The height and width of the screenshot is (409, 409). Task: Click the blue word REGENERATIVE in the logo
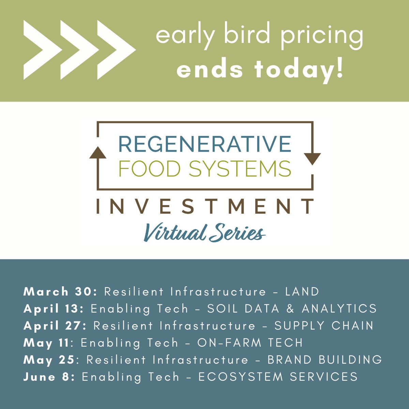point(204,144)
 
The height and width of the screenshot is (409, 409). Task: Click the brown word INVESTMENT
point(205,206)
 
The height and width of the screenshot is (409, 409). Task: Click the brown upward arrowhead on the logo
point(98,153)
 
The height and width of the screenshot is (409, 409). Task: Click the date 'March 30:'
point(60,292)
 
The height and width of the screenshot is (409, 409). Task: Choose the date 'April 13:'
point(54,309)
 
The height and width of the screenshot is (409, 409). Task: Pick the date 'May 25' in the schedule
point(49,360)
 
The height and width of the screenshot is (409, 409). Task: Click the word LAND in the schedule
point(302,292)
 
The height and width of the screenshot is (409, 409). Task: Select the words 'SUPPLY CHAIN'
point(324,326)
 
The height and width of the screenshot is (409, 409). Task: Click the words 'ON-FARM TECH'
point(250,343)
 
